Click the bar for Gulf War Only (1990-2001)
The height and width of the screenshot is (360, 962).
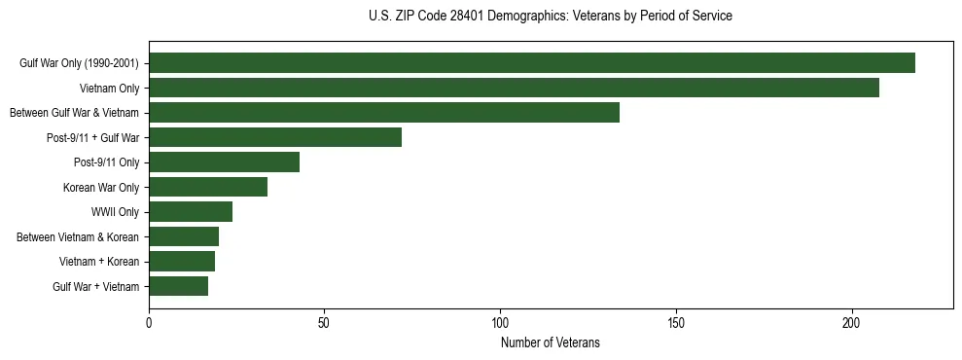click(x=532, y=63)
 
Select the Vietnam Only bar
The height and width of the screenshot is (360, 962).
click(x=514, y=88)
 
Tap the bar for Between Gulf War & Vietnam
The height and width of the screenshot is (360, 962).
click(x=384, y=113)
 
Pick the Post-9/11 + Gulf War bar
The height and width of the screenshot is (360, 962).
click(x=275, y=137)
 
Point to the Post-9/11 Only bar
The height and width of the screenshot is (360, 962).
click(x=225, y=162)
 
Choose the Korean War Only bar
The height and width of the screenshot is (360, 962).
click(x=208, y=187)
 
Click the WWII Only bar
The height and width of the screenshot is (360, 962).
click(x=191, y=212)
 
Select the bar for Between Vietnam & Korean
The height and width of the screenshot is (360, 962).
click(x=184, y=236)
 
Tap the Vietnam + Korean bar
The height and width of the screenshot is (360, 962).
click(x=182, y=262)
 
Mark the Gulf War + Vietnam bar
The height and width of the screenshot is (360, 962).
click(x=179, y=286)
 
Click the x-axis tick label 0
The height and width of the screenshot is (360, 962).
click(x=149, y=321)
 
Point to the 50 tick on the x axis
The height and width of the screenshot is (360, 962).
click(x=325, y=321)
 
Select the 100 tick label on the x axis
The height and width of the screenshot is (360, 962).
click(x=500, y=321)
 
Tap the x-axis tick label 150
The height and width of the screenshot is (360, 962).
click(x=676, y=321)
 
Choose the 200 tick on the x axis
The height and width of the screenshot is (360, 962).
click(x=852, y=321)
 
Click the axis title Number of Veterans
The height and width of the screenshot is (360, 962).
click(x=551, y=342)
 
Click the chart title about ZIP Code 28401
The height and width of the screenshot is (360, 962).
click(x=551, y=17)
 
